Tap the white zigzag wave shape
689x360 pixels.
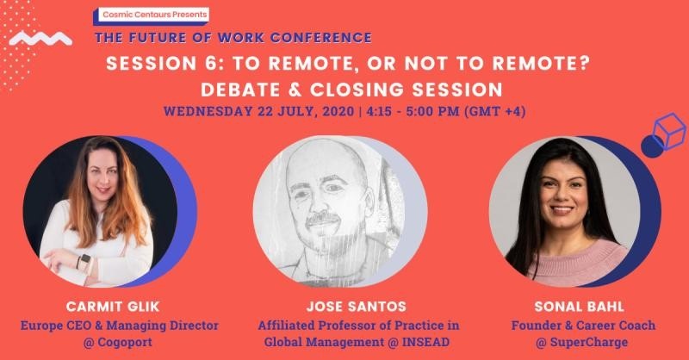40,39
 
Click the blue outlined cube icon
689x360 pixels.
669,131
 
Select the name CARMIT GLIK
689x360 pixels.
113,307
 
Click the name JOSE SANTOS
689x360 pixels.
357,307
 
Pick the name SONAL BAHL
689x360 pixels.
579,307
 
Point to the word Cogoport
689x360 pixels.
124,342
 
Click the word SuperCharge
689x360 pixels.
589,342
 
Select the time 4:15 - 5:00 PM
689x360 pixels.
413,111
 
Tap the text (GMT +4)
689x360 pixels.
495,111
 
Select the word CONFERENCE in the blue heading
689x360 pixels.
321,38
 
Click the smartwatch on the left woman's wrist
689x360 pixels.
84,260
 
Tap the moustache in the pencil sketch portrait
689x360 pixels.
322,218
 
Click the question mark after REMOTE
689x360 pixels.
584,64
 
